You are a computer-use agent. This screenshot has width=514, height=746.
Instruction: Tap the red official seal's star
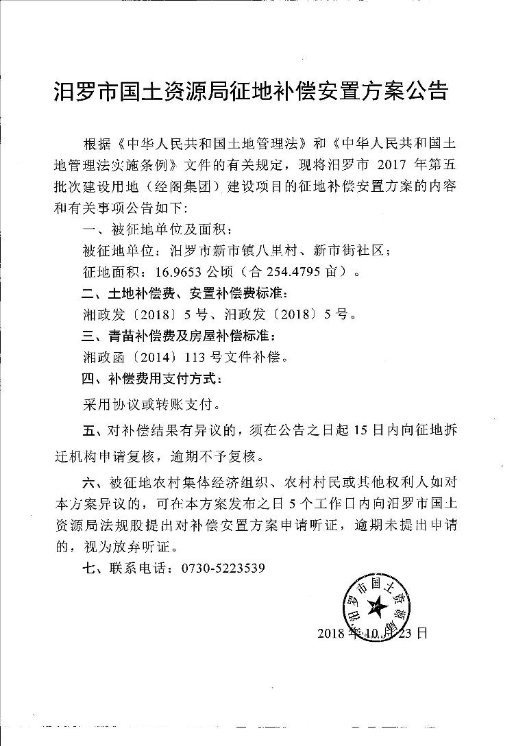tap(376, 604)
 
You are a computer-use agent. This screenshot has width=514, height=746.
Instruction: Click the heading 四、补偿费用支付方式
tap(151, 378)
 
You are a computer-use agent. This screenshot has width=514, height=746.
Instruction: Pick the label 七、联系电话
tap(127, 569)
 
